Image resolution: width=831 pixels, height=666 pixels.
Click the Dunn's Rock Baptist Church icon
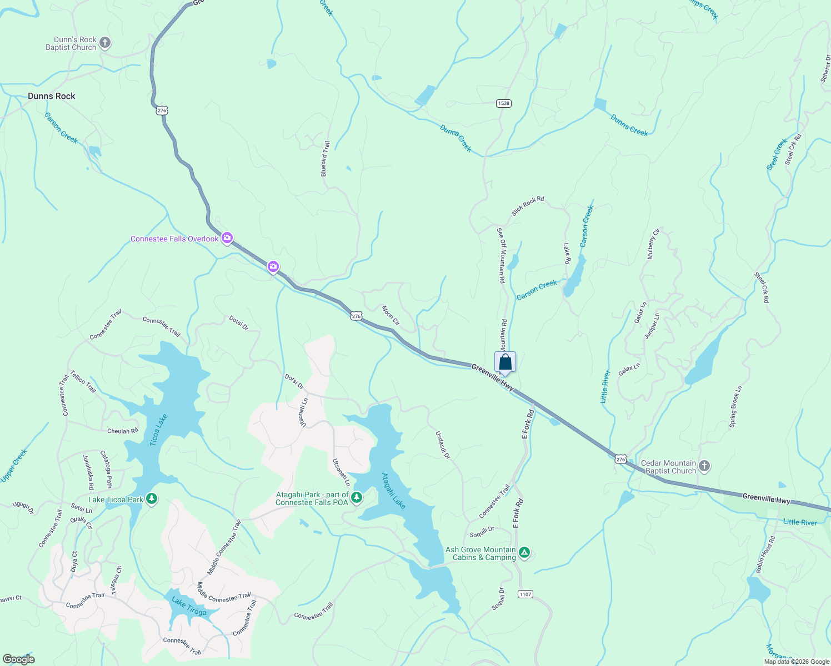(x=105, y=43)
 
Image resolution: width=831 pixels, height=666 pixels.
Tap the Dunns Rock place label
(x=51, y=96)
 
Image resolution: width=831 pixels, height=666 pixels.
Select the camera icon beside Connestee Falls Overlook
(x=227, y=239)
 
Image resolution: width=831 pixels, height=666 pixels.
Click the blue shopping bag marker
(x=505, y=362)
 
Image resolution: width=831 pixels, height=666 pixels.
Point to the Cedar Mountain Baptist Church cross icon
(x=704, y=466)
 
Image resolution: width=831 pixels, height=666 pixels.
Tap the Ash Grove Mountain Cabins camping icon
(x=524, y=553)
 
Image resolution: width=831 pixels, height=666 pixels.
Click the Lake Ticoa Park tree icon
(x=152, y=499)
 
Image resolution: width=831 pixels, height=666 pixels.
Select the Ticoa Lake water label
(x=158, y=430)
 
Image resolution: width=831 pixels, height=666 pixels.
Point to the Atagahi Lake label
(x=394, y=491)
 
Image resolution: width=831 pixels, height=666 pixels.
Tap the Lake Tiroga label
(x=189, y=606)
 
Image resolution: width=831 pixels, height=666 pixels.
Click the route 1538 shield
(x=503, y=103)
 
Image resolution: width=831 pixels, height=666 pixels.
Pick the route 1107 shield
(x=525, y=594)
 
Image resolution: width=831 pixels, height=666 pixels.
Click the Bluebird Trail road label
(x=326, y=159)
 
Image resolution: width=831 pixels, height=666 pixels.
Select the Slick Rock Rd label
(x=528, y=206)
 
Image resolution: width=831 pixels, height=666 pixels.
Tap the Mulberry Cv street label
(x=653, y=244)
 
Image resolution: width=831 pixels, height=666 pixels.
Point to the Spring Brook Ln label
(x=735, y=407)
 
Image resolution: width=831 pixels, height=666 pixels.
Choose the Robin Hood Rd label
(x=764, y=554)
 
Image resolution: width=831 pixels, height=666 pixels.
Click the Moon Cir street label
(x=391, y=315)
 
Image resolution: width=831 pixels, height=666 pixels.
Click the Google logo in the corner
(x=18, y=659)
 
